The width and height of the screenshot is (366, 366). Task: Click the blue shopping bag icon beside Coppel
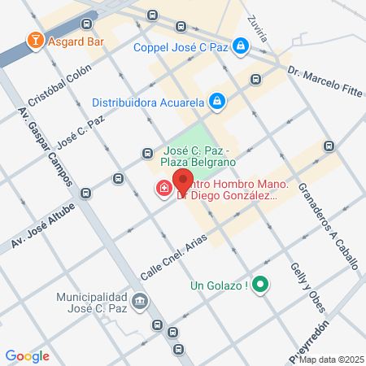[240, 46]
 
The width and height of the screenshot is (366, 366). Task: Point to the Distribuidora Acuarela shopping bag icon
[216, 102]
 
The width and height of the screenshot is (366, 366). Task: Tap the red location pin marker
[183, 181]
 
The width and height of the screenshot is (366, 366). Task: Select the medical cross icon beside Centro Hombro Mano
[163, 190]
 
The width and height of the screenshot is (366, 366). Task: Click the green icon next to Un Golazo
[260, 285]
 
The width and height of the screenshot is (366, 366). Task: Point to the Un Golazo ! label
[218, 285]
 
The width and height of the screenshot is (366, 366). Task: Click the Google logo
[28, 355]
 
